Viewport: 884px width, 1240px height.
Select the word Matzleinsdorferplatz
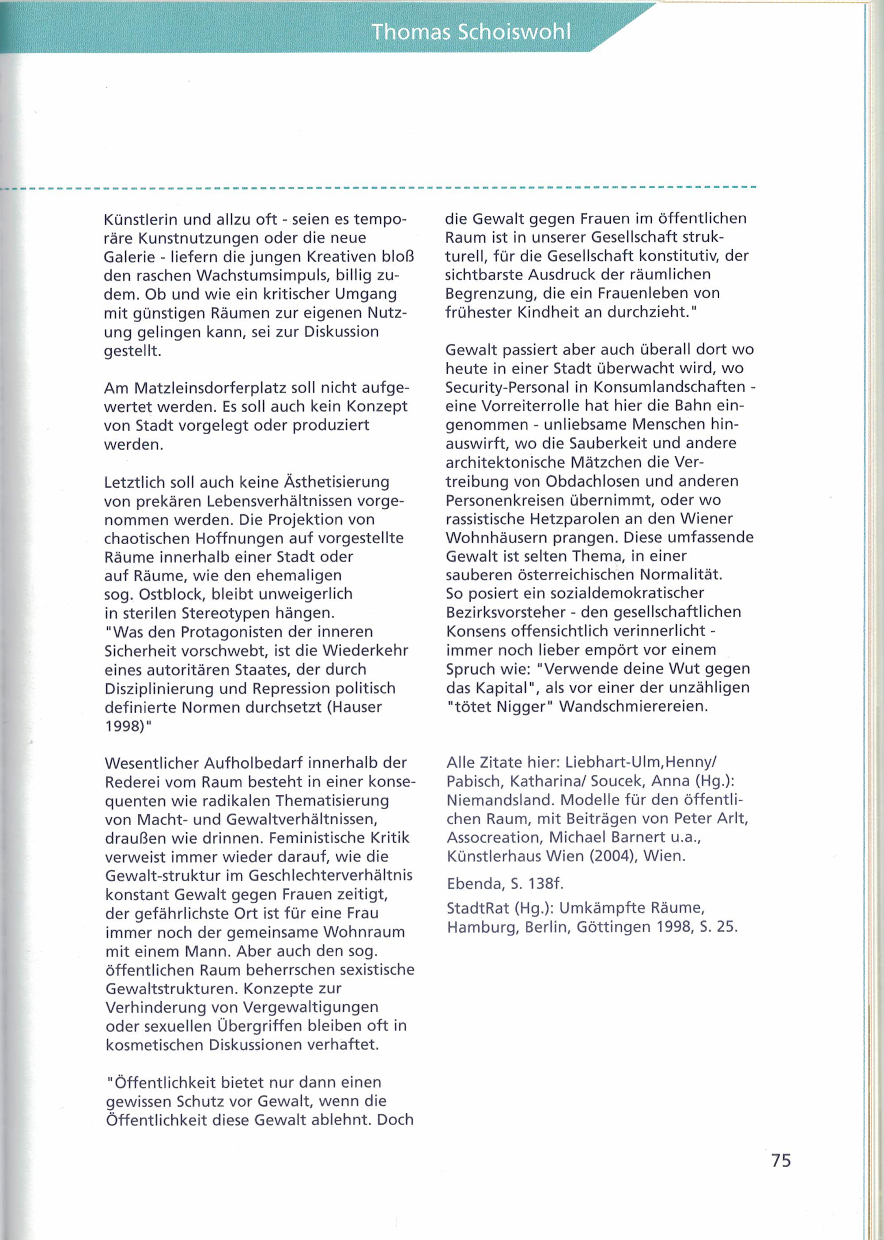pos(211,388)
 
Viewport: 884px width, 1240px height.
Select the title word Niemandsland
pos(501,800)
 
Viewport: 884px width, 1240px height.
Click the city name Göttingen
pos(613,927)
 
